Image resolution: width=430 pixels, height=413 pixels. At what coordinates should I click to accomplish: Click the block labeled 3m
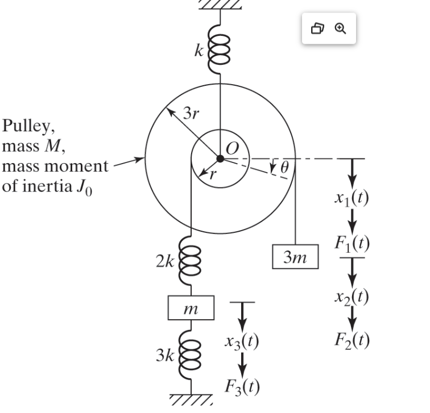[x=296, y=257]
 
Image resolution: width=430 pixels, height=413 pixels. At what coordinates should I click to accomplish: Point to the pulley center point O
[x=220, y=158]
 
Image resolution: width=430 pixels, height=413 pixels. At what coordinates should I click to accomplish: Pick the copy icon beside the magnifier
[x=318, y=28]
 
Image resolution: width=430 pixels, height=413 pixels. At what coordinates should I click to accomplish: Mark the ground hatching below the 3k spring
[x=191, y=401]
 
